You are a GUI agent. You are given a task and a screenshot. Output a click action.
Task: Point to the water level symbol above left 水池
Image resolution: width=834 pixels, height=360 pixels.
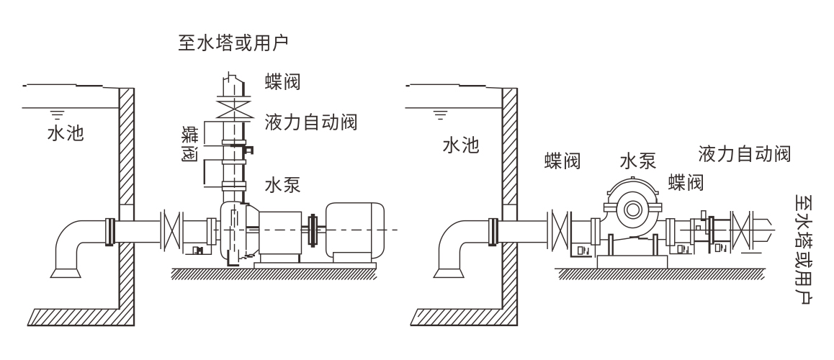point(55,114)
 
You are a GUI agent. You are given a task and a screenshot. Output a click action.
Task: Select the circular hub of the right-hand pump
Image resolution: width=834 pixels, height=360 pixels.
point(634,210)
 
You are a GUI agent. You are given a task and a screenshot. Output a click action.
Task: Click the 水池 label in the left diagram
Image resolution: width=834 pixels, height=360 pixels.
point(63,135)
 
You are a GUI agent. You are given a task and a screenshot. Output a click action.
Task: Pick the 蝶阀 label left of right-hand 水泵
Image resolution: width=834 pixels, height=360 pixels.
point(563,160)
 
